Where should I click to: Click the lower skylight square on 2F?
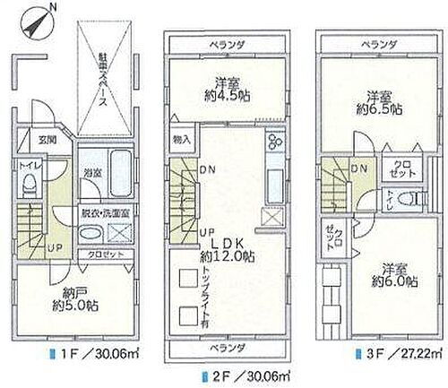pos(187,315)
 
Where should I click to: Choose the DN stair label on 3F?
pos(359,168)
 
